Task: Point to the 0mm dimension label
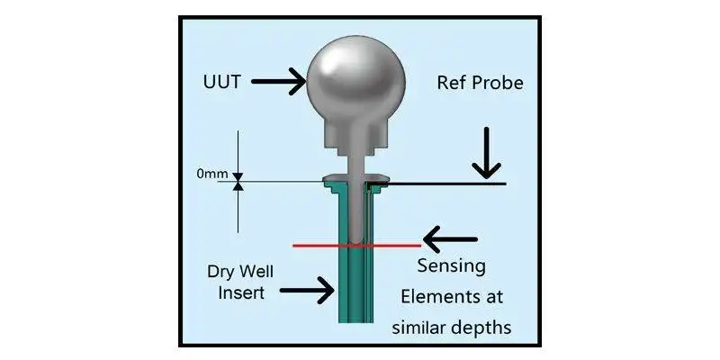click(213, 176)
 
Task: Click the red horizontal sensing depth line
click(315, 245)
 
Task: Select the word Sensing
click(452, 267)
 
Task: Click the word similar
click(418, 327)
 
